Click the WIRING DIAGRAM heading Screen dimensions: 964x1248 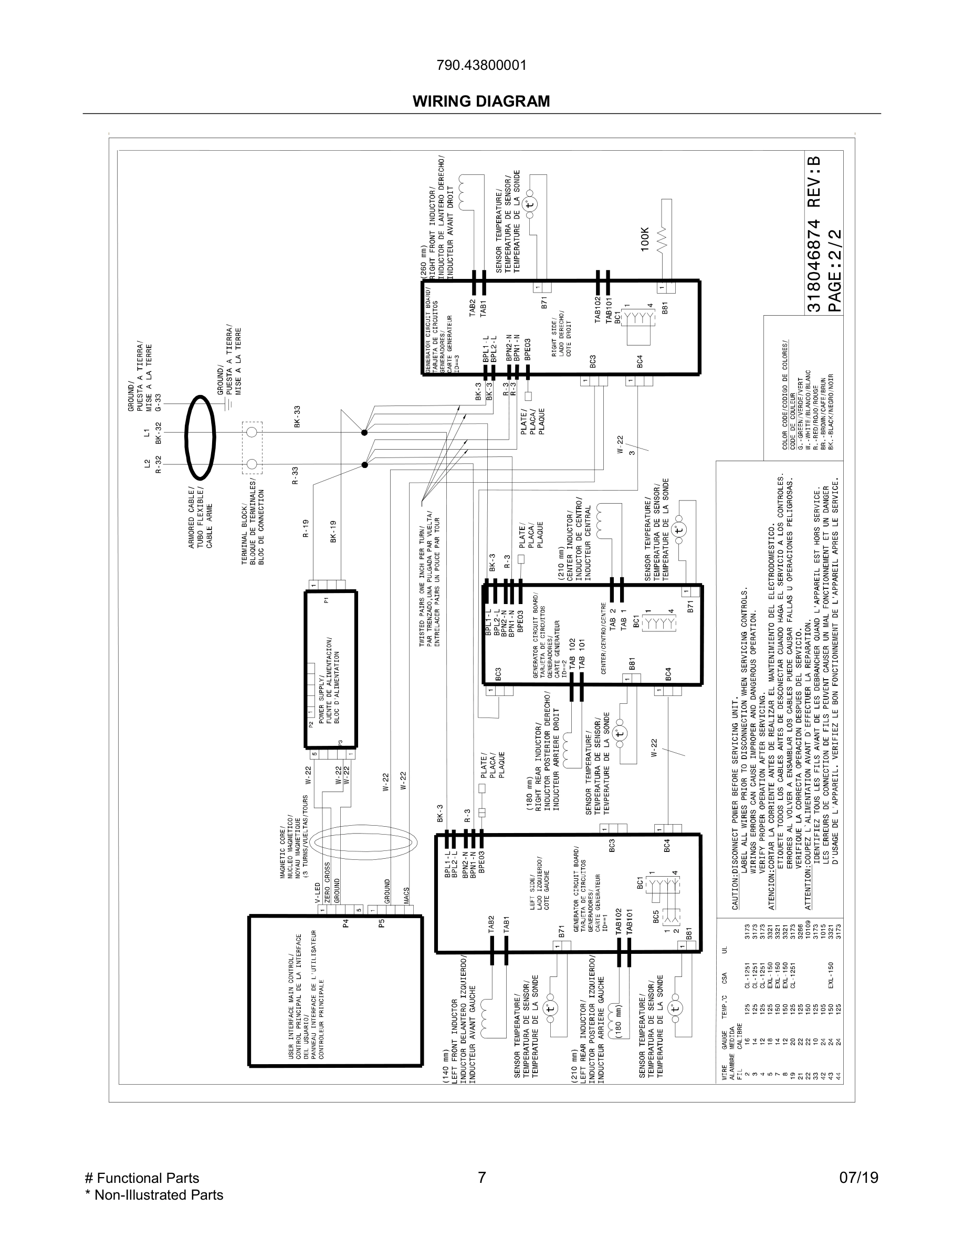click(x=481, y=102)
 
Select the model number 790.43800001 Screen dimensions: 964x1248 click(x=481, y=66)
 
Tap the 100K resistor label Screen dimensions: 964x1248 click(x=645, y=239)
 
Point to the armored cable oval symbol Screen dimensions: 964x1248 click(x=201, y=437)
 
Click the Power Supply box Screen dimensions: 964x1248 click(x=331, y=669)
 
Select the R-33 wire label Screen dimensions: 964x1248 click(x=295, y=475)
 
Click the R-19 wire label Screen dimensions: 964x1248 click(x=306, y=528)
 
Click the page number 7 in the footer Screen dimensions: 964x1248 click(x=481, y=1178)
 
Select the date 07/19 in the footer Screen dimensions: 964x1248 click(x=858, y=1178)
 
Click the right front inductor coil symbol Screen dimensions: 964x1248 click(x=464, y=191)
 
